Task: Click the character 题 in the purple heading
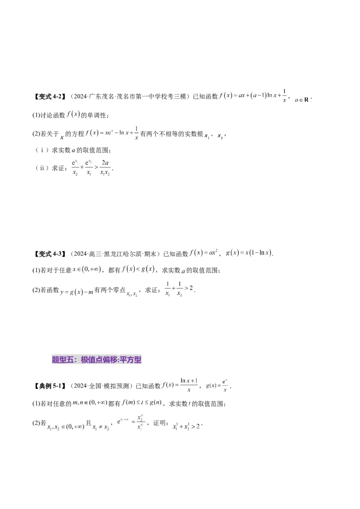[x=56, y=360]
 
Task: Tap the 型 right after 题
[x=63, y=360]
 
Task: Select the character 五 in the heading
[x=70, y=360]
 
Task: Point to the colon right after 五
[x=76, y=360]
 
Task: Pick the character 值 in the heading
[x=92, y=360]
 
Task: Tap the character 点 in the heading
[x=99, y=360]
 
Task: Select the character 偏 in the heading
[x=106, y=360]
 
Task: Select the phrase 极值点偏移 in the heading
[x=99, y=360]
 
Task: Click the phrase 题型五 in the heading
[x=63, y=360]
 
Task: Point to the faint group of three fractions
[x=91, y=167]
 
